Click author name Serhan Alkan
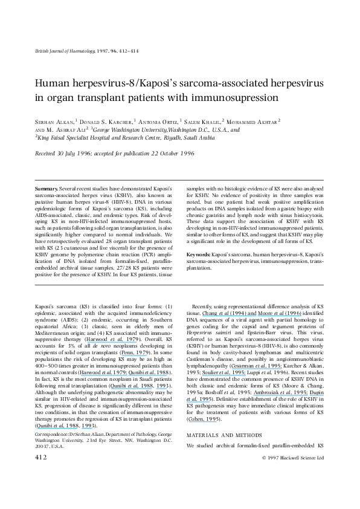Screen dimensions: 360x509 point(51,120)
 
